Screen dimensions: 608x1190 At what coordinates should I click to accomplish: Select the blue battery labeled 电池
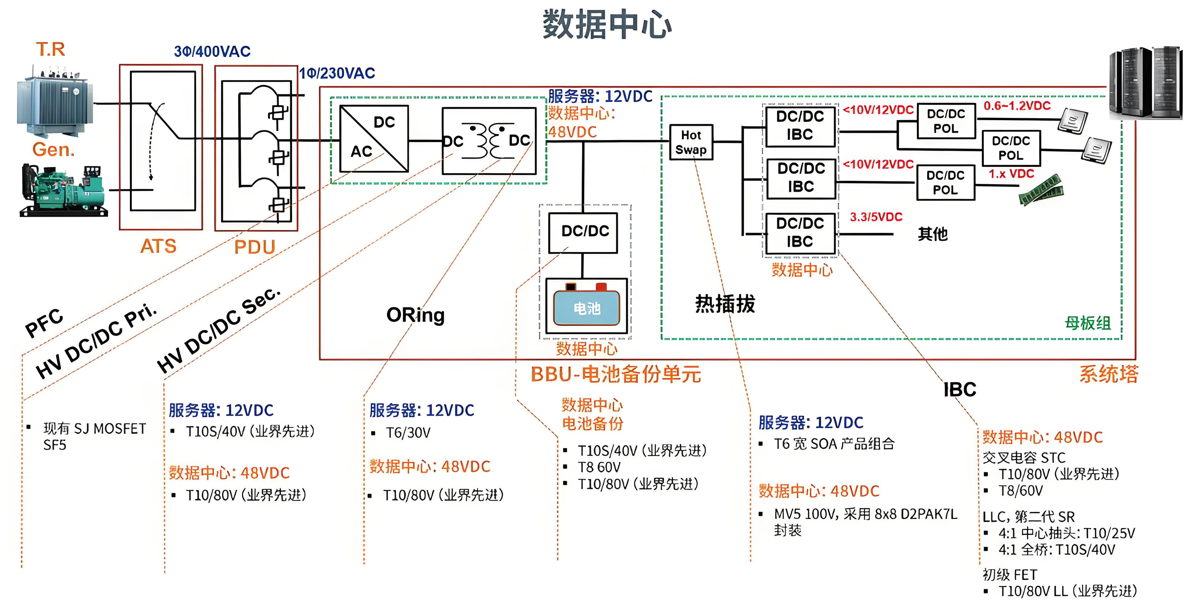pyautogui.click(x=586, y=308)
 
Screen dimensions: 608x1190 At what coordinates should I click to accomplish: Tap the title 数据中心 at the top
pyautogui.click(x=607, y=24)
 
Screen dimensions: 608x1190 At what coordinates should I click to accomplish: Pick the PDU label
pyautogui.click(x=255, y=247)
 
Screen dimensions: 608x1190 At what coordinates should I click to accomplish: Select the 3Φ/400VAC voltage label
pyautogui.click(x=212, y=51)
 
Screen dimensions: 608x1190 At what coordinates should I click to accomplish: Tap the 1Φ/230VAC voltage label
pyautogui.click(x=337, y=73)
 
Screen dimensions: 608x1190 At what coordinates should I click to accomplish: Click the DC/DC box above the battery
pyautogui.click(x=583, y=232)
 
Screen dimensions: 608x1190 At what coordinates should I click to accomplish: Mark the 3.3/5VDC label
pyautogui.click(x=876, y=217)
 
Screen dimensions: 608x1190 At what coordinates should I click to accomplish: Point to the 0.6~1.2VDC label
pyautogui.click(x=1017, y=106)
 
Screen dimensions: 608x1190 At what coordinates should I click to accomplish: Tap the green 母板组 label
pyautogui.click(x=1087, y=323)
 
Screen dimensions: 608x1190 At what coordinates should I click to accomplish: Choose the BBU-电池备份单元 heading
pyautogui.click(x=615, y=374)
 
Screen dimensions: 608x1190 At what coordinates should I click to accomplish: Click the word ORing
pyautogui.click(x=415, y=315)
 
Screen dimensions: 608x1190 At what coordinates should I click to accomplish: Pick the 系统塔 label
pyautogui.click(x=1108, y=374)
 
